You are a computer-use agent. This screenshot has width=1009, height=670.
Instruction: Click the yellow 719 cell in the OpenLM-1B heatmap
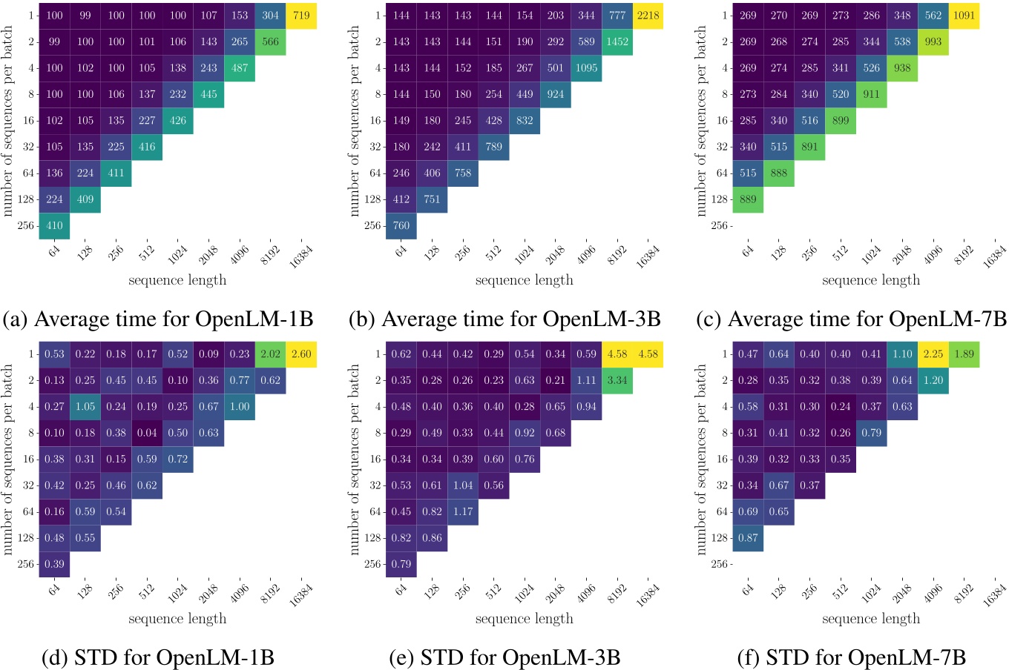[x=301, y=16]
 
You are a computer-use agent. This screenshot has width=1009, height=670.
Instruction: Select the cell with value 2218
[x=648, y=16]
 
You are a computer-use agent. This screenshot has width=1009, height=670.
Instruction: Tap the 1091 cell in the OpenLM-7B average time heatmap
[x=964, y=16]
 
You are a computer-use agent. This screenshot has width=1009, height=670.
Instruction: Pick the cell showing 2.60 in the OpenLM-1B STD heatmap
[x=301, y=354]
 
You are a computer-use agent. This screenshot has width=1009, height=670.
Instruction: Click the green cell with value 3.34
[x=617, y=380]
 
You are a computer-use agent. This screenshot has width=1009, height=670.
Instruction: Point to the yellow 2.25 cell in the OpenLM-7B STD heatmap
[x=933, y=354]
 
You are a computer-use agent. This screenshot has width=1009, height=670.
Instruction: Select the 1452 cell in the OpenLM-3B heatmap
[x=617, y=42]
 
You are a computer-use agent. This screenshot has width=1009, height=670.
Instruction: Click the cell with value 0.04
[x=147, y=433]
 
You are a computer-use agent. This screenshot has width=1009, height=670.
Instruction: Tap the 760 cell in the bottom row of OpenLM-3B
[x=401, y=225]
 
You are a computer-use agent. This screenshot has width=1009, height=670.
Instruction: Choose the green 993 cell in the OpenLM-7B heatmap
[x=933, y=42]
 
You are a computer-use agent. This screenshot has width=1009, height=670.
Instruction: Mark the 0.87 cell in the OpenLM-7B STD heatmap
[x=748, y=537]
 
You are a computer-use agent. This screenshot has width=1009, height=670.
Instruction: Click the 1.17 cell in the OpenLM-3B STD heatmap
[x=463, y=511]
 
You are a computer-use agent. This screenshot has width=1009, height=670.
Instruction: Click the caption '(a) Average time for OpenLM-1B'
[x=159, y=319]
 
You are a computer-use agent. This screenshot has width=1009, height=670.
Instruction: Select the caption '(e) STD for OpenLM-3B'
[x=504, y=657]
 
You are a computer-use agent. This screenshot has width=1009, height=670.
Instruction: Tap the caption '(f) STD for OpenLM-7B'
[x=851, y=657]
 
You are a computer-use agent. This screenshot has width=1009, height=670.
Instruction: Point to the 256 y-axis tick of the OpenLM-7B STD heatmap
[x=719, y=564]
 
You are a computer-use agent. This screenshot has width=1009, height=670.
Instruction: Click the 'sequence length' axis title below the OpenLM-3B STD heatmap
[x=524, y=618]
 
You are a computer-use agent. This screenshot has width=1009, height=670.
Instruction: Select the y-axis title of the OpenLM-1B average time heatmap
[x=8, y=121]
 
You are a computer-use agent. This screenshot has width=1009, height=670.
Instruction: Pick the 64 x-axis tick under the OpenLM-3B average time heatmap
[x=401, y=251]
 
